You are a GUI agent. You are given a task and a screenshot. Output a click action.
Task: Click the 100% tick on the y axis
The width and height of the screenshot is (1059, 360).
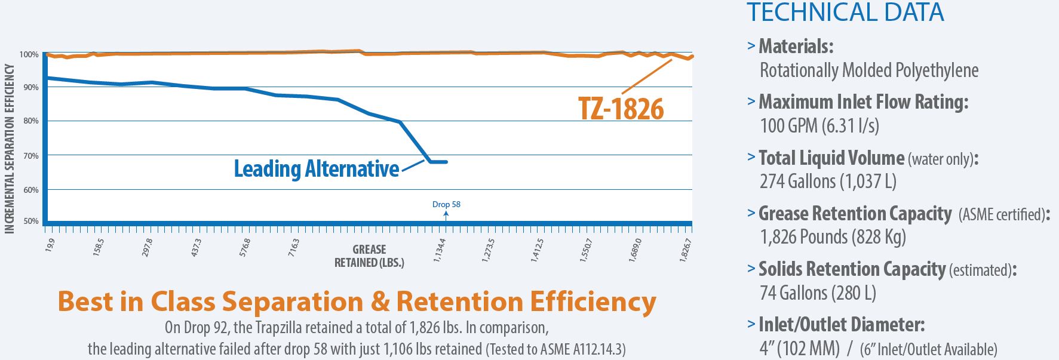[29, 54]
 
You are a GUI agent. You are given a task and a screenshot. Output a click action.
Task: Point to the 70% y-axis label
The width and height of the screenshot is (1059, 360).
[30, 156]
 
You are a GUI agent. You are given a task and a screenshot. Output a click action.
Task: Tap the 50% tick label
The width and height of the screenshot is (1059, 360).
[30, 221]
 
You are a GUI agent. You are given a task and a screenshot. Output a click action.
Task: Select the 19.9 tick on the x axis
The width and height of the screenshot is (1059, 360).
[50, 244]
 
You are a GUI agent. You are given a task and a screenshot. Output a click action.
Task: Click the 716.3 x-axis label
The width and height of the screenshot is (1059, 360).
[294, 248]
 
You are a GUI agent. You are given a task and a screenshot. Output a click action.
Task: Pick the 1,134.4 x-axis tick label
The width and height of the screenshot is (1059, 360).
[440, 250]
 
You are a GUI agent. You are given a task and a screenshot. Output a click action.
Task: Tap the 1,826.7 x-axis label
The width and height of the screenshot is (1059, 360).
[686, 250]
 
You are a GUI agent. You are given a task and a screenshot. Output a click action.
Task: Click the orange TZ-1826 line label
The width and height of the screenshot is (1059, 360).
[621, 109]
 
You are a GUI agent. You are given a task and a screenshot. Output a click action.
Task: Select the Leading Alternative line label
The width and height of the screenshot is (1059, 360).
[316, 169]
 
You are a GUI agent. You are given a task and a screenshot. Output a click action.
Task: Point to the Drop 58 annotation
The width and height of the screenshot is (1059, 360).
[446, 204]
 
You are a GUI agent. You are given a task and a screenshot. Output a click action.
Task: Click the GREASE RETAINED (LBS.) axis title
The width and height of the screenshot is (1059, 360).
[369, 256]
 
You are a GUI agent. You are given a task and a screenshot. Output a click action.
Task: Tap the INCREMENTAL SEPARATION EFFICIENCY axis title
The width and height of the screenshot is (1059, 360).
[9, 149]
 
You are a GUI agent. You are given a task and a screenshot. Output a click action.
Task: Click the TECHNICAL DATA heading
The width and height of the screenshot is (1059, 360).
[845, 13]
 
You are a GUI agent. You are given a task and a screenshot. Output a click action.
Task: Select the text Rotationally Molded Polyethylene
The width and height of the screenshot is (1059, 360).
[869, 70]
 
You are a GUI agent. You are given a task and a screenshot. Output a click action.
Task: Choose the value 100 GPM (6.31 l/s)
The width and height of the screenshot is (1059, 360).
[819, 126]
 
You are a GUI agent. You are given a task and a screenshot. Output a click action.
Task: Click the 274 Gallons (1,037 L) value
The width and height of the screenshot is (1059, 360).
[828, 181]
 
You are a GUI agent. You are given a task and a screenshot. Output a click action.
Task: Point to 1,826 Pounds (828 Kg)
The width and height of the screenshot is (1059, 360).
[833, 237]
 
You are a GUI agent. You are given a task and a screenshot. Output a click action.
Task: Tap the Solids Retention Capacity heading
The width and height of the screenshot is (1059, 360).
[852, 269]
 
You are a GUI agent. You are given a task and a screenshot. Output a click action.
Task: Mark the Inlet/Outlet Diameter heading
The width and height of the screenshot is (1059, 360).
[842, 325]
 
